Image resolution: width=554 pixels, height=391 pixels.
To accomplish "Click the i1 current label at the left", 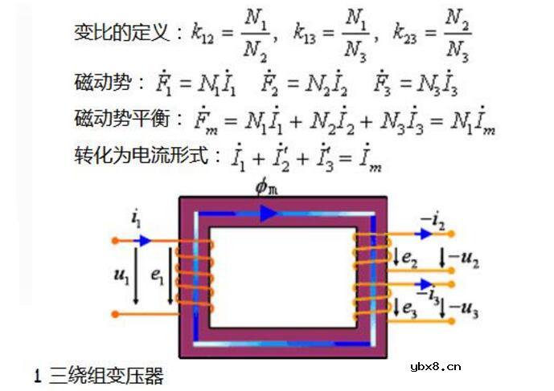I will click(136, 219).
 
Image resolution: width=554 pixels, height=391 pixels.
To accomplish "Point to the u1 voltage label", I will click(121, 277).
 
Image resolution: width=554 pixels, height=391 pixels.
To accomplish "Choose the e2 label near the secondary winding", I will click(410, 259).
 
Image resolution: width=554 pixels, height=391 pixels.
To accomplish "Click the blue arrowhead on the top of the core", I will click(268, 214).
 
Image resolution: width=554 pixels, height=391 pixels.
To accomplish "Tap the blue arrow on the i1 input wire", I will click(142, 240).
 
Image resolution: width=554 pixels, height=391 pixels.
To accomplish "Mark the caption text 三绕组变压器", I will click(106, 375).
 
